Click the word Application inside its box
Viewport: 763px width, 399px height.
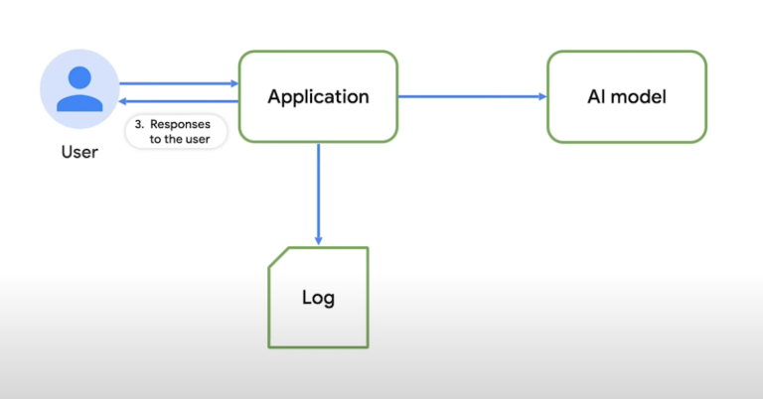318,96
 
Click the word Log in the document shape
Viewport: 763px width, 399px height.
318,297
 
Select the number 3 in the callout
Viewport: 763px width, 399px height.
139,126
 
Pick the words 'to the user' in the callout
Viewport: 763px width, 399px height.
177,140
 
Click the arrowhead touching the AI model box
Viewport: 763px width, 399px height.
542,96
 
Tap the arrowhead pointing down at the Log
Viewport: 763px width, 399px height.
318,241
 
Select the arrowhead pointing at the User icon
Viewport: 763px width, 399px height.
123,101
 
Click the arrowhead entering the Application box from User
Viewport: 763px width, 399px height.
233,84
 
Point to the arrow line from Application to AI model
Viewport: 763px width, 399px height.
467,96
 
